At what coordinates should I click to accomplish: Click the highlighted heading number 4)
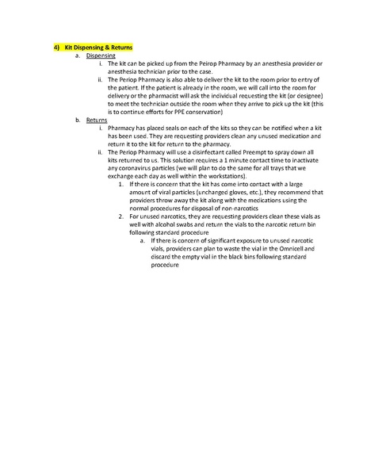coord(47,48)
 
